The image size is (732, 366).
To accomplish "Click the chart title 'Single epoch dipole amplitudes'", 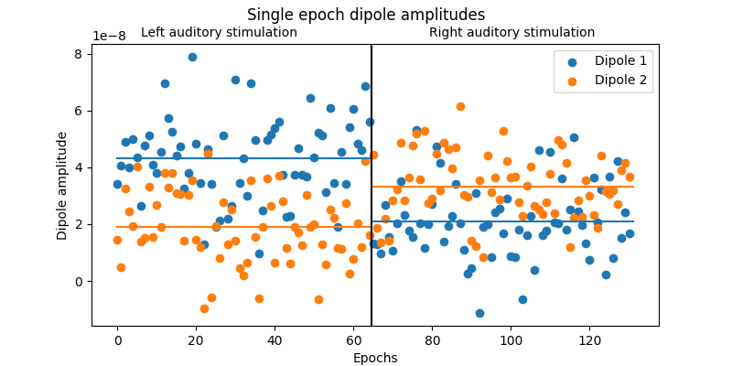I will pos(366,15).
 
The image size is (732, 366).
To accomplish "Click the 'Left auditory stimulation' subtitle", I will pos(219,33).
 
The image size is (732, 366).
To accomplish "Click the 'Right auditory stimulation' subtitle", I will pos(511,33).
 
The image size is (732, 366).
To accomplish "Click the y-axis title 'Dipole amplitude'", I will pos(62,186).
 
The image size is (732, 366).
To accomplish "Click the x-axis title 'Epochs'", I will pos(375,358).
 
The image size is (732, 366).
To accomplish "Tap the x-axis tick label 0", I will pos(117,340).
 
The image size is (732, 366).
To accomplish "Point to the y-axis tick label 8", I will pos(80,54).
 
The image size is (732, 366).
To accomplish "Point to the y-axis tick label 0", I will pos(80,281).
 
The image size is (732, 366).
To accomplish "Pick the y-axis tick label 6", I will pos(80,111).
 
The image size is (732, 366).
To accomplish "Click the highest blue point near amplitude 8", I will pos(192,57).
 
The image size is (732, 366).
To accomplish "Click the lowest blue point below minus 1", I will pos(479,313).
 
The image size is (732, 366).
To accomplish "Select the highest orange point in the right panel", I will pos(460,106).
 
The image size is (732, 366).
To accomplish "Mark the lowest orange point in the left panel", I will pos(204,308).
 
